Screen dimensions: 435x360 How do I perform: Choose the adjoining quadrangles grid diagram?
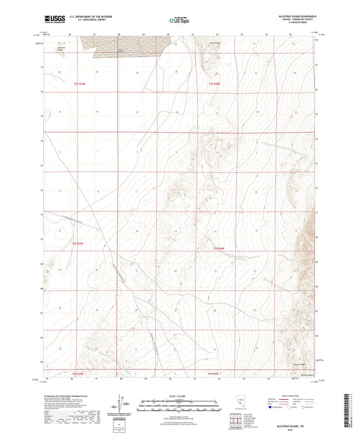click(x=234, y=423)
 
